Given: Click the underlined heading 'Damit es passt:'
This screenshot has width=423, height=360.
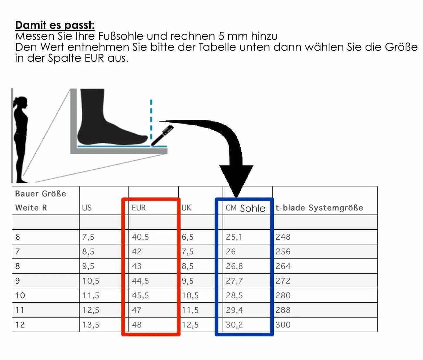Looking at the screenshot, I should click(x=55, y=25).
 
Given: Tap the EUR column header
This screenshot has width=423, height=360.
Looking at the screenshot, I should click(x=138, y=208).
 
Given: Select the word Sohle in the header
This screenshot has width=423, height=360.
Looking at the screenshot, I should click(x=253, y=208).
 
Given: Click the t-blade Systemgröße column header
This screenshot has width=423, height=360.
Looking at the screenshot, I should click(x=319, y=208).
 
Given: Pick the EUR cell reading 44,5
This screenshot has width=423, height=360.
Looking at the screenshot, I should click(x=140, y=281).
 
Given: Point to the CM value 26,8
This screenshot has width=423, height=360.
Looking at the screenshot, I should click(x=234, y=266).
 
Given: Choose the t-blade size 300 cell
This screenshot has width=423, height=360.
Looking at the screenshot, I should click(x=283, y=325).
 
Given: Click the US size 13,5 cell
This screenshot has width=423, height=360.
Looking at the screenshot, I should click(x=90, y=325).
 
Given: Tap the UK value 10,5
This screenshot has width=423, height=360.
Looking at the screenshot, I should click(x=190, y=296).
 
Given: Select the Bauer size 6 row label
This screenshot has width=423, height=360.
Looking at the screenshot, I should click(x=18, y=237).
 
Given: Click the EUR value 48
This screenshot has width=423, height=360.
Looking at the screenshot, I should click(x=137, y=325).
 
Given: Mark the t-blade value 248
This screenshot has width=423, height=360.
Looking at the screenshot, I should click(x=283, y=237).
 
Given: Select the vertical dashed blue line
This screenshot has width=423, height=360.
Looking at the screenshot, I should click(x=151, y=120).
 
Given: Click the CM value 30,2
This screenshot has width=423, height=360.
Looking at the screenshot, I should click(x=234, y=325).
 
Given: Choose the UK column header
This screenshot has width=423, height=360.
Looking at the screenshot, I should click(x=186, y=208).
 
